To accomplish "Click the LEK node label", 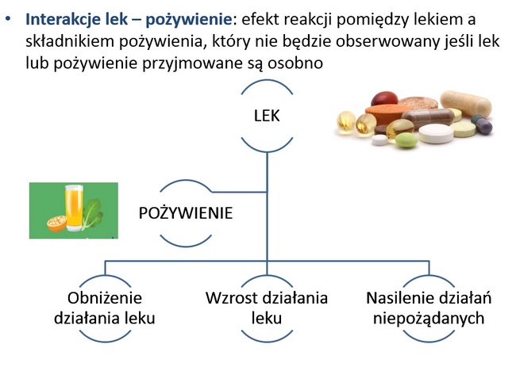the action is (267, 116).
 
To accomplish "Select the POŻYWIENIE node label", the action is (186, 213).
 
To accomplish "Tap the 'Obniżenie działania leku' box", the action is (105, 308).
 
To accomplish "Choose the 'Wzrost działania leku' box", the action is (267, 308).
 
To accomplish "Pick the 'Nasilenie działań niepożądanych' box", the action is (429, 308).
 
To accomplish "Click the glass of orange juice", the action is (74, 208).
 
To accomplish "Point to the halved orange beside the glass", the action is (56, 223).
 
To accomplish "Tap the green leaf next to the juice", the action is (92, 212).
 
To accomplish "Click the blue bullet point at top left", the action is (8, 19).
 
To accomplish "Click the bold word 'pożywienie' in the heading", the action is (189, 20).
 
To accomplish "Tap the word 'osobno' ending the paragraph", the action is (295, 63).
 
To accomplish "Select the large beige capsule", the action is (466, 104).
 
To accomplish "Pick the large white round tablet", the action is (436, 133).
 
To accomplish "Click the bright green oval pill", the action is (406, 140).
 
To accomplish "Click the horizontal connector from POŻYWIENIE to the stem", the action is (239, 192).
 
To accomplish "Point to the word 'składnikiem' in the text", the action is (69, 41).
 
